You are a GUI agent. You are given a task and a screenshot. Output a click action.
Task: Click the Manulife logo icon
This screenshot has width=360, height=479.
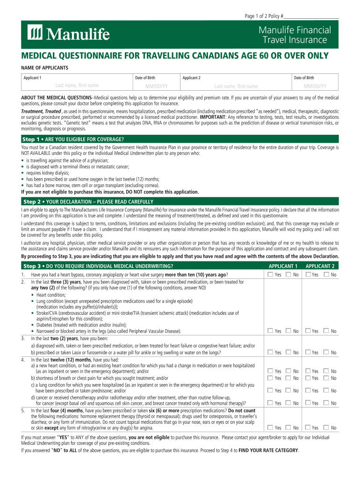tap(36, 34)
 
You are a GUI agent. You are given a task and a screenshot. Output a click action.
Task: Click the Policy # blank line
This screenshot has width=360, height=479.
tap(311, 17)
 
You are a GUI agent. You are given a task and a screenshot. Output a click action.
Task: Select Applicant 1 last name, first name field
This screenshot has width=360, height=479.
tap(77, 86)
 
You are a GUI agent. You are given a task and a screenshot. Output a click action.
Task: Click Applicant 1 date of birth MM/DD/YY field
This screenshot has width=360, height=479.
tap(156, 86)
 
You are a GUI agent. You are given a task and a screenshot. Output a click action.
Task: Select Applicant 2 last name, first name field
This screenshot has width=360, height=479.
tap(236, 86)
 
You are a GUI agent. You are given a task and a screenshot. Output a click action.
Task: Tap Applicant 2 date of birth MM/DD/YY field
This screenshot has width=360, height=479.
tap(315, 86)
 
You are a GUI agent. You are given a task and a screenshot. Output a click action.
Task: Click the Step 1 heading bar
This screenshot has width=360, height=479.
tap(180, 139)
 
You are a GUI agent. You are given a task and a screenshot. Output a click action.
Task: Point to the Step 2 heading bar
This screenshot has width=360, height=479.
tap(180, 202)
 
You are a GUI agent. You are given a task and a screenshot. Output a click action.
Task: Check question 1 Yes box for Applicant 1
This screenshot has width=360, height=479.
tap(270, 275)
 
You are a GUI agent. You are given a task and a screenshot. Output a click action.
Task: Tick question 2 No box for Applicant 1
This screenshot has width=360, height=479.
tap(288, 331)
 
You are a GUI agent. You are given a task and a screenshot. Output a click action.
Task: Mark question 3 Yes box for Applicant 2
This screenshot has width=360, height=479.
tap(308, 352)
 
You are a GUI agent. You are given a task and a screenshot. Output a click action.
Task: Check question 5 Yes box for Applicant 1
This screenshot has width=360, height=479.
tap(270, 427)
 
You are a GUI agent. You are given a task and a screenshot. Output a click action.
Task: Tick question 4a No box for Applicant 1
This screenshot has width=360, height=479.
tap(288, 371)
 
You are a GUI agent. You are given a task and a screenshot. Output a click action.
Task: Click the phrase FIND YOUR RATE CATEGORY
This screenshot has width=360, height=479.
tap(268, 450)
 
